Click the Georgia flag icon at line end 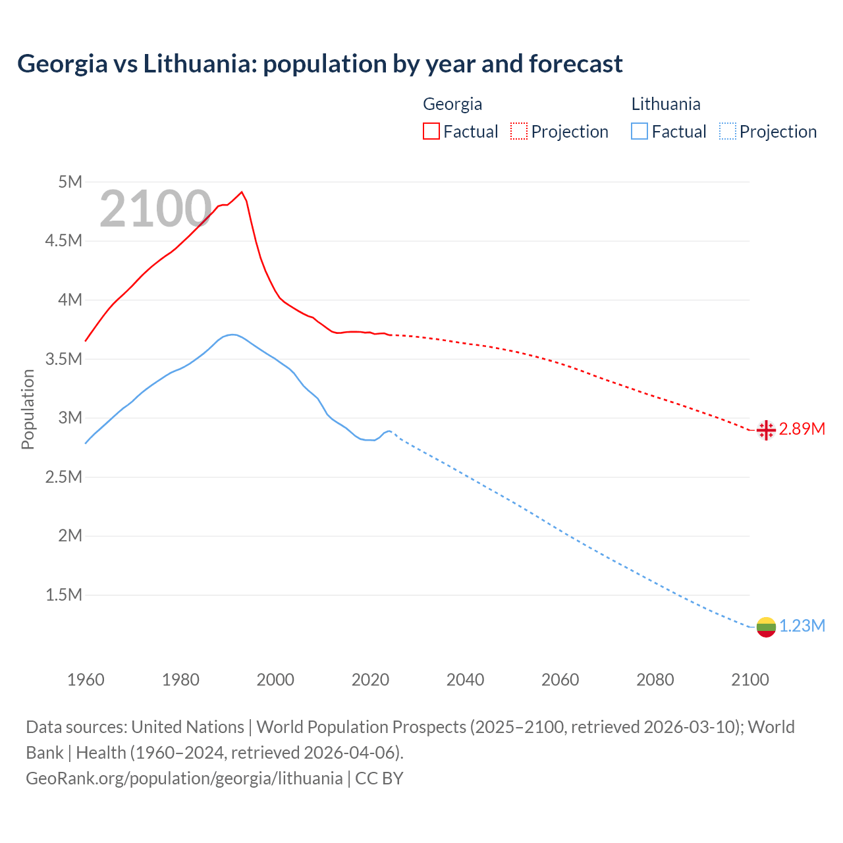pyautogui.click(x=765, y=430)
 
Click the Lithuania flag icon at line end pyautogui.click(x=765, y=627)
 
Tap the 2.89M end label pyautogui.click(x=802, y=429)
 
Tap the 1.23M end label pyautogui.click(x=802, y=626)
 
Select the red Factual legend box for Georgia pyautogui.click(x=431, y=131)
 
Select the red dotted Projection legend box pyautogui.click(x=519, y=131)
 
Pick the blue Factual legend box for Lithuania pyautogui.click(x=639, y=131)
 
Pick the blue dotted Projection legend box pyautogui.click(x=727, y=131)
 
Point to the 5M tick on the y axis pyautogui.click(x=70, y=182)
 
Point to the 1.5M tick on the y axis pyautogui.click(x=64, y=595)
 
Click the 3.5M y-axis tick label pyautogui.click(x=64, y=360)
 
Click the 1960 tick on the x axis pyautogui.click(x=86, y=680)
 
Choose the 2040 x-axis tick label pyautogui.click(x=465, y=680)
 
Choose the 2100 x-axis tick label pyautogui.click(x=749, y=680)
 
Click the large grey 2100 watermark pyautogui.click(x=155, y=209)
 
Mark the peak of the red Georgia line pyautogui.click(x=242, y=192)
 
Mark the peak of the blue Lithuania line pyautogui.click(x=232, y=335)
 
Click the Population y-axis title pyautogui.click(x=28, y=409)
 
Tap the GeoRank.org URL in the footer pyautogui.click(x=184, y=778)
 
